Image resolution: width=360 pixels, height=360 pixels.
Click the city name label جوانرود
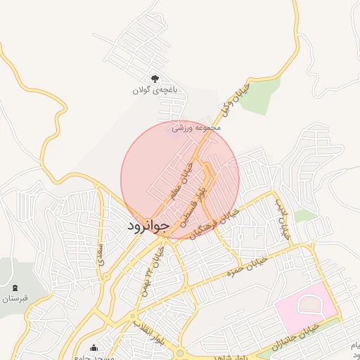click(x=148, y=226)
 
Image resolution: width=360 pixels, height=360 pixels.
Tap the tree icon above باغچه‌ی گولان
click(x=155, y=79)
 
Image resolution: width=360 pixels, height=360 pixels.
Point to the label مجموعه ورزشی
click(x=197, y=128)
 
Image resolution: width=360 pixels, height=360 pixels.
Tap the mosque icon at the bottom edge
click(x=94, y=347)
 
